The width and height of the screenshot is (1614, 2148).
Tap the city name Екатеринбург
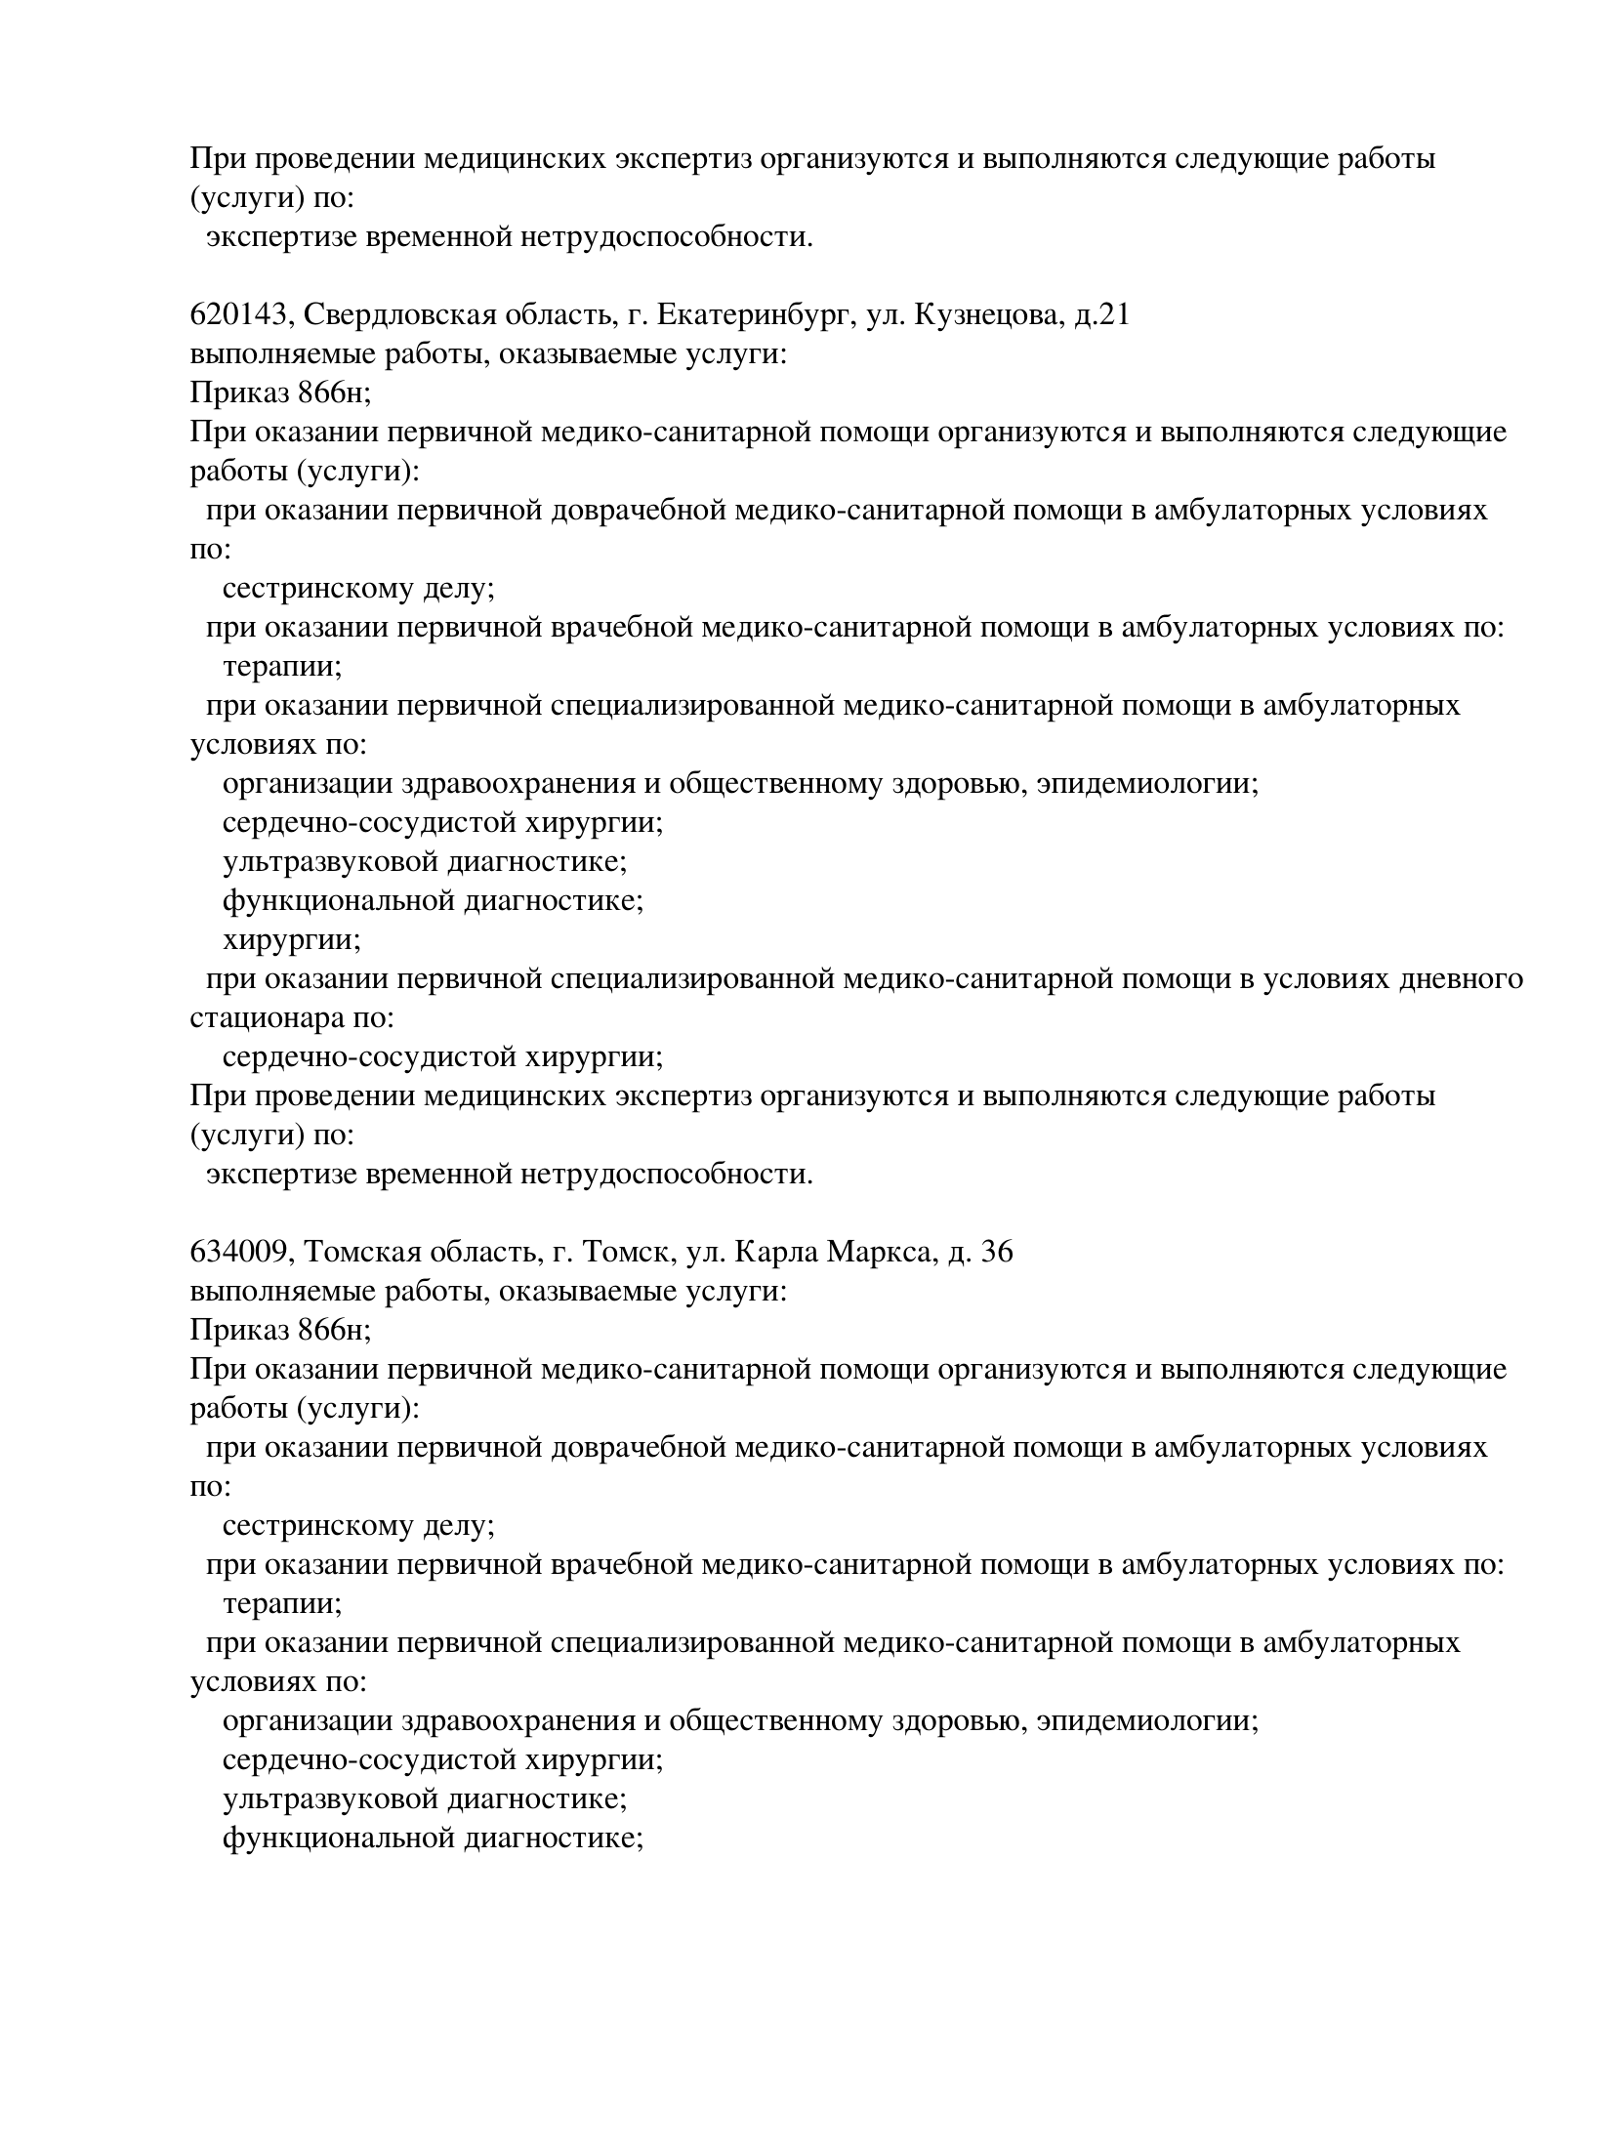(755, 315)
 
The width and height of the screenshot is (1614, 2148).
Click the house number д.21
(1101, 315)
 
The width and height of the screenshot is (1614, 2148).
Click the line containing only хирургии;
(291, 940)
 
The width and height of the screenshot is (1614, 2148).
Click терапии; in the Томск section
(281, 1604)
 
